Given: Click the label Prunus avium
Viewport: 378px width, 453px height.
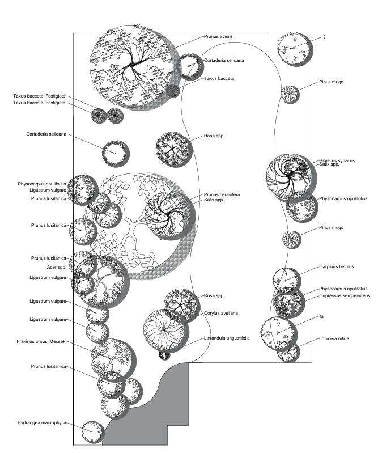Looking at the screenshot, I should [x=218, y=36].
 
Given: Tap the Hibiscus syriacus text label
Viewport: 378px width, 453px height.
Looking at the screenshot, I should [x=337, y=160].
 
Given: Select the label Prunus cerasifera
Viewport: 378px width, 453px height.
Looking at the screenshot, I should [x=222, y=194].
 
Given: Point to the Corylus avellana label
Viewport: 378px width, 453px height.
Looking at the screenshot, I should [x=221, y=313].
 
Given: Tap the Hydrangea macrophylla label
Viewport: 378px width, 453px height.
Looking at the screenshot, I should [x=42, y=422].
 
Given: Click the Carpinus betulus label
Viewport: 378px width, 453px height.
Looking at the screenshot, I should [x=336, y=266].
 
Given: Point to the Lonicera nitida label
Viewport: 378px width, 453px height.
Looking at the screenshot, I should [x=334, y=338].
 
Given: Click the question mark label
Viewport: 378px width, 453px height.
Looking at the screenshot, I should [x=324, y=37].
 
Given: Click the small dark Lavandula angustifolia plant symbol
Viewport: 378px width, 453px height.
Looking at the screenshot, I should [x=164, y=355].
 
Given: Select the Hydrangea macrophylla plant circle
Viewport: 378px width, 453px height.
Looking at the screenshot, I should [x=91, y=432].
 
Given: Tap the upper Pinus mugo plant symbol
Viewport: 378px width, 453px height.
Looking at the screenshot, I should [x=291, y=94].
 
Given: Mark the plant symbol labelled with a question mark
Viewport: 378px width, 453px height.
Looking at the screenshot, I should [x=295, y=49].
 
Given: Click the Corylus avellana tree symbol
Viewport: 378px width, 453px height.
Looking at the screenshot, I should [x=164, y=329].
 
